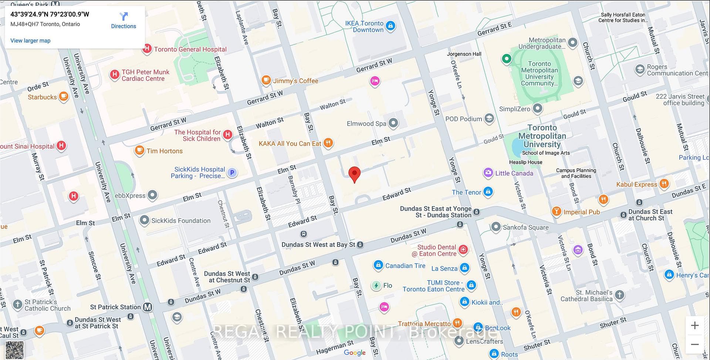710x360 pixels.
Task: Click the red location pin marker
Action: pos(355,174)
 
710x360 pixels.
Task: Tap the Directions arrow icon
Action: pos(124,16)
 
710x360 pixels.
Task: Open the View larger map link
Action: pos(30,41)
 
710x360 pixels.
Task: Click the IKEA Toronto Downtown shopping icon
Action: pos(390,26)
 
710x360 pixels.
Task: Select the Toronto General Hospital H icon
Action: pos(147,48)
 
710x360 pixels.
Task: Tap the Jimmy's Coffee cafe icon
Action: pos(266,80)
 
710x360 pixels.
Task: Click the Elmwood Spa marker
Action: pos(393,123)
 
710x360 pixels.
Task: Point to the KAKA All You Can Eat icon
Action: pos(328,143)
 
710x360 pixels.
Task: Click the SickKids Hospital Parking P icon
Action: pos(232,172)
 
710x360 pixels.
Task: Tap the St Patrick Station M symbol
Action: pos(148,307)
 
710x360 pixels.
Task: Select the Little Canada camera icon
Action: pos(488,173)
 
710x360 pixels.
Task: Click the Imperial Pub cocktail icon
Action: pos(556,211)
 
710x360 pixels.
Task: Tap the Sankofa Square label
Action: pos(525,227)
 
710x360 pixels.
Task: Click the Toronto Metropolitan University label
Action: pos(542,136)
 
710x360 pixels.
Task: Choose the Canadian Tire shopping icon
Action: pos(378,265)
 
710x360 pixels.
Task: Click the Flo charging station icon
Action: pos(376,285)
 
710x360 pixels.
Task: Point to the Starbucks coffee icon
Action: pos(64,96)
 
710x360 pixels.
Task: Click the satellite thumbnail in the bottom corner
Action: pos(15,350)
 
